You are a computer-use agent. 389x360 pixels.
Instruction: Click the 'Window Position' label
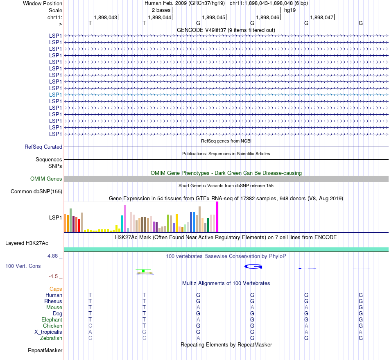click(43, 3)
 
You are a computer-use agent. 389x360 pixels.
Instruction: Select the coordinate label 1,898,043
click(106, 17)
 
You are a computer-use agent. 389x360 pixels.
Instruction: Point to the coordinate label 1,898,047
click(322, 17)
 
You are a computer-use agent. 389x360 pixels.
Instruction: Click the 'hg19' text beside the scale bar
click(290, 10)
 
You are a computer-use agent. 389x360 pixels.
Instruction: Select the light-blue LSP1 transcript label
click(55, 95)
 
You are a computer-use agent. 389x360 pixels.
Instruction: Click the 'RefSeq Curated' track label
click(43, 147)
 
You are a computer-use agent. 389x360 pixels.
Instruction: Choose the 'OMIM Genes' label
click(46, 179)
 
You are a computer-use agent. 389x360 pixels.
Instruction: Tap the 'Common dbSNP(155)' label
click(36, 191)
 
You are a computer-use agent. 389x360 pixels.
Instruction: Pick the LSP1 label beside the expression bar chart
click(55, 217)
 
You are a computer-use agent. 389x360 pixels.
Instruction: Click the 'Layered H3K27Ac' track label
click(27, 243)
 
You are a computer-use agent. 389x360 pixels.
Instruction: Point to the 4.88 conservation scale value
click(55, 256)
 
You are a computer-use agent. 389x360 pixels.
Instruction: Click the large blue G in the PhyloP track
click(253, 267)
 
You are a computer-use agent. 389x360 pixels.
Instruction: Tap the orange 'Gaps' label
click(56, 289)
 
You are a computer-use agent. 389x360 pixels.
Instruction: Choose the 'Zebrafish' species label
click(51, 338)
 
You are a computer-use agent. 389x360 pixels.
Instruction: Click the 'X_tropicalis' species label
click(48, 332)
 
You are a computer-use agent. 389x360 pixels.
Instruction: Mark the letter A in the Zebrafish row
click(198, 338)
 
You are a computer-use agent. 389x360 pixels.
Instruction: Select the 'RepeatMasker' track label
click(45, 350)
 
